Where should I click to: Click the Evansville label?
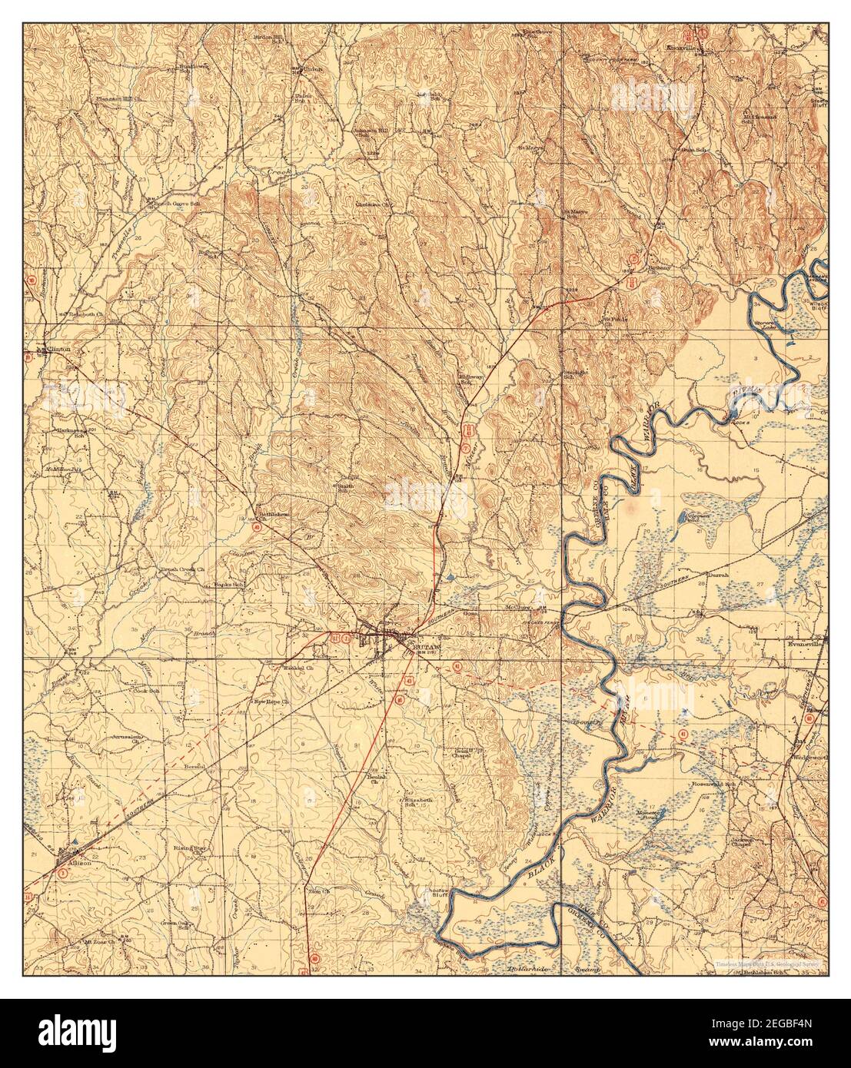(804, 645)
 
